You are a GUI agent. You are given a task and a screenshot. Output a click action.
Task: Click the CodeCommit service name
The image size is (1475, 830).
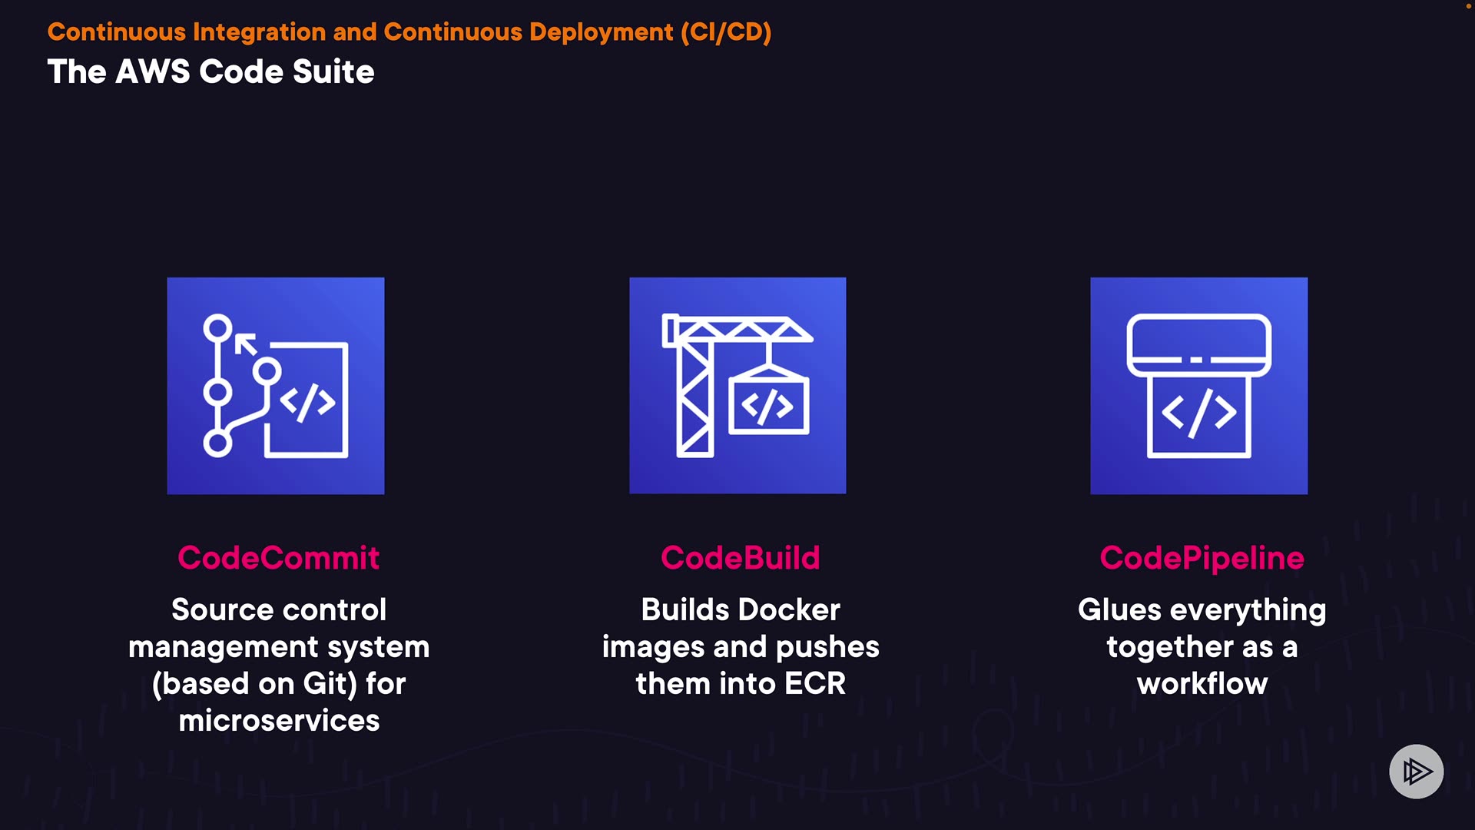278,558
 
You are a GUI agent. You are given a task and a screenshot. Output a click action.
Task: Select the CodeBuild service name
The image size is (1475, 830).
740,558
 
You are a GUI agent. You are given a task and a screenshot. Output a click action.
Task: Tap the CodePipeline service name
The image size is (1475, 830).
1202,558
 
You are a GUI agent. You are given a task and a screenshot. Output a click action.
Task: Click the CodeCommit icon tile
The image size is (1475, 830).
276,386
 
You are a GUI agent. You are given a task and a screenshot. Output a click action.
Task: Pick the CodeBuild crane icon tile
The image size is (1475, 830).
737,386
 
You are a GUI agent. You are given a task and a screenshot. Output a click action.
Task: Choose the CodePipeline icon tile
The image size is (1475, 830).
1198,386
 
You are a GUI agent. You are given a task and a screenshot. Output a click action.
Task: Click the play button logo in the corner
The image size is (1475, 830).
1416,771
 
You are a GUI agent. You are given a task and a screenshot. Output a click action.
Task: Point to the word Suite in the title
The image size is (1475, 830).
333,72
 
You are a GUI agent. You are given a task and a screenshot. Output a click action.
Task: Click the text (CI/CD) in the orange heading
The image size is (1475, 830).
725,32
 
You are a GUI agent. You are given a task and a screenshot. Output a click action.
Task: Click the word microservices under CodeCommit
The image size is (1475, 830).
279,721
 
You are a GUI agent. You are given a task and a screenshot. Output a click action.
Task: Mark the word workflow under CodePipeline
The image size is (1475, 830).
1202,684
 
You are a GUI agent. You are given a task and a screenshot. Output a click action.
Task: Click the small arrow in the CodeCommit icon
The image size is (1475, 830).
246,344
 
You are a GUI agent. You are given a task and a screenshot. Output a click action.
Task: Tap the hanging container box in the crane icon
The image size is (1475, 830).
768,403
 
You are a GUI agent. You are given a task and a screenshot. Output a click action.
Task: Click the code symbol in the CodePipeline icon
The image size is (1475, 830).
1198,413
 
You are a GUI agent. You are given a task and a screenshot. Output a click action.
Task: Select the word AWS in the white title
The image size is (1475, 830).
152,72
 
